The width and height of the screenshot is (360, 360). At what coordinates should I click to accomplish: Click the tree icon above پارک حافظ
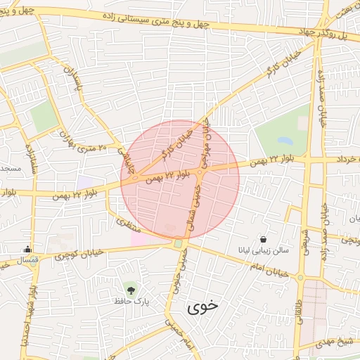point(130,288)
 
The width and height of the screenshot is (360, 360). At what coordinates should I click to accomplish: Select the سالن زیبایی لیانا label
point(262,251)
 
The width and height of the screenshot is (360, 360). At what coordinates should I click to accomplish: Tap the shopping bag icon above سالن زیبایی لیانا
point(263,239)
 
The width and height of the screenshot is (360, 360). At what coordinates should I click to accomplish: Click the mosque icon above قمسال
point(27,248)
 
